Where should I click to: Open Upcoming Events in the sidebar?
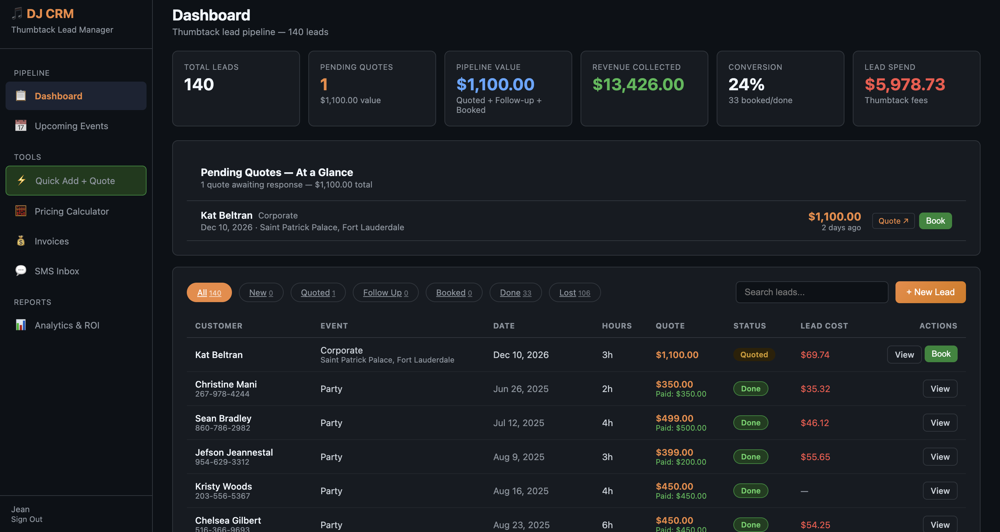click(72, 126)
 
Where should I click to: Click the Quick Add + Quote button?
click(76, 181)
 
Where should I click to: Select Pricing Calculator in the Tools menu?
click(72, 211)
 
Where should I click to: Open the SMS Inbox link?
click(57, 271)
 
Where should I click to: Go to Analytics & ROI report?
click(67, 325)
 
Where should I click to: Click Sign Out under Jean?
click(27, 519)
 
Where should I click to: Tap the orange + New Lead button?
click(930, 292)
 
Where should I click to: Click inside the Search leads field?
click(812, 292)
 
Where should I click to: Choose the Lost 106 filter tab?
click(575, 292)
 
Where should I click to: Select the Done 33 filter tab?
click(516, 292)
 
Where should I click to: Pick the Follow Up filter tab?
click(385, 292)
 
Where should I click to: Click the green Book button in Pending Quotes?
click(935, 221)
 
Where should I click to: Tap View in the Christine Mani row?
click(940, 389)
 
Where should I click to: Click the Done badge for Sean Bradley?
click(750, 423)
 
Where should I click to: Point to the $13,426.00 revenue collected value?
click(638, 85)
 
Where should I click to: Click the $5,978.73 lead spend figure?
click(905, 85)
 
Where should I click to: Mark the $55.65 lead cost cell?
click(815, 457)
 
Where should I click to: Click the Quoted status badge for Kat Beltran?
click(754, 355)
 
